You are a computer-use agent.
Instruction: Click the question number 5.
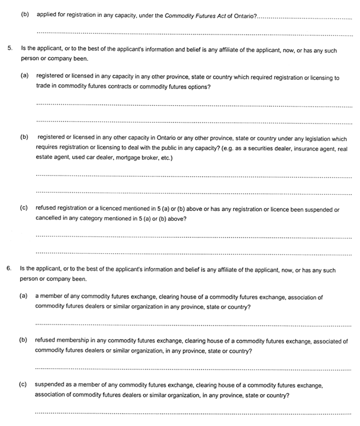pos(9,50)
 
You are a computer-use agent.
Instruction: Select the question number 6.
pos(9,269)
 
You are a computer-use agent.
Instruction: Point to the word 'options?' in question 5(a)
pos(198,86)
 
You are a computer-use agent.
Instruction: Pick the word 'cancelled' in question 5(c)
pos(49,218)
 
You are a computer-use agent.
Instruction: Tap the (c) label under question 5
pos(24,209)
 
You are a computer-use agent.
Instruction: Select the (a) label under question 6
pos(24,297)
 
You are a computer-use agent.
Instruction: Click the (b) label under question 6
pos(24,341)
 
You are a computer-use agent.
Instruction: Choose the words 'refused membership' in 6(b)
pos(63,341)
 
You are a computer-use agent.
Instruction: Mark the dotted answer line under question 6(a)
pos(193,323)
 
